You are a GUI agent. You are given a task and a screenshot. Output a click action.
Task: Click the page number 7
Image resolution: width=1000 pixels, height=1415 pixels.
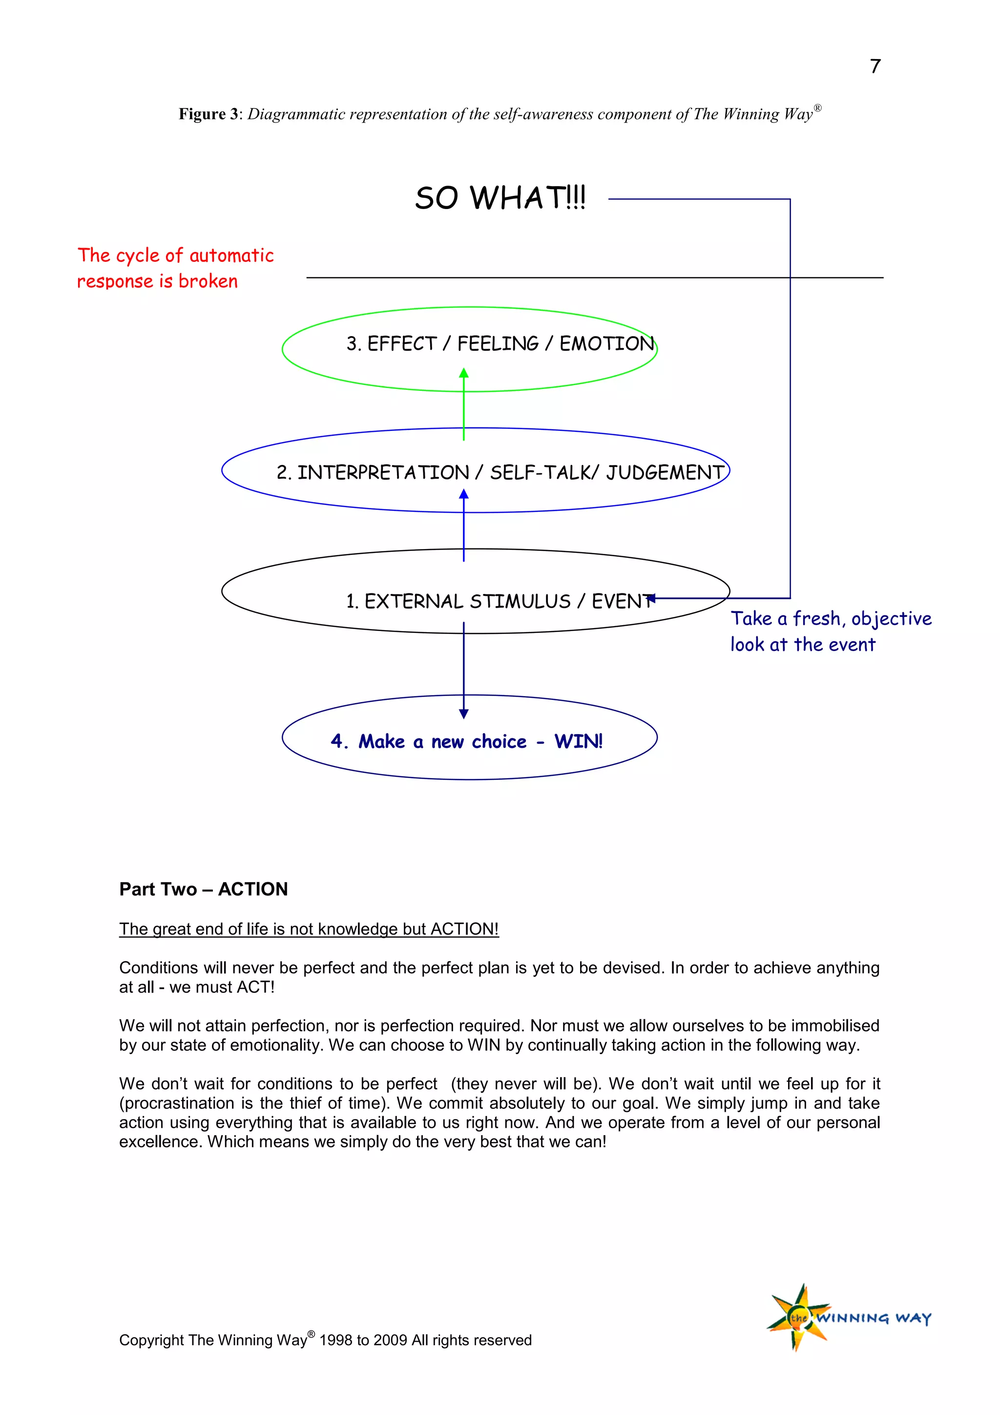(875, 66)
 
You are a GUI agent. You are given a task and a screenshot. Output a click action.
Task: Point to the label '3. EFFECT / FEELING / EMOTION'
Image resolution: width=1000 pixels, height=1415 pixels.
(500, 344)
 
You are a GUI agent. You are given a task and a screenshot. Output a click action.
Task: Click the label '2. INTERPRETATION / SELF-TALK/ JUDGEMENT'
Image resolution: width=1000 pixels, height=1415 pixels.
(500, 473)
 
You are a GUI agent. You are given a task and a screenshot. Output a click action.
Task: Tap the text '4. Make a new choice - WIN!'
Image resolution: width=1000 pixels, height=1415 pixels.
(466, 741)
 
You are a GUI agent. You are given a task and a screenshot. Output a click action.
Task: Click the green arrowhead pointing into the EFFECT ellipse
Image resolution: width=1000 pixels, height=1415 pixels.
(464, 373)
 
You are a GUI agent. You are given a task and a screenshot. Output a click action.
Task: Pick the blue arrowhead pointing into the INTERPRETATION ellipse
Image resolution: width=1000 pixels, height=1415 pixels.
(464, 494)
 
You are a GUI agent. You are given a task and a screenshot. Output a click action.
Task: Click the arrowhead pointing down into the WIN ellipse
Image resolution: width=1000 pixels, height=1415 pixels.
(464, 714)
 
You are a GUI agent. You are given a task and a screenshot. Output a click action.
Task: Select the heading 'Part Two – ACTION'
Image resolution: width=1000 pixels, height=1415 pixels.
(203, 889)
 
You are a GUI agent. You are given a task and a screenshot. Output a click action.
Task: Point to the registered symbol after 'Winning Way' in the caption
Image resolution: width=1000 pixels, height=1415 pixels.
(817, 108)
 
